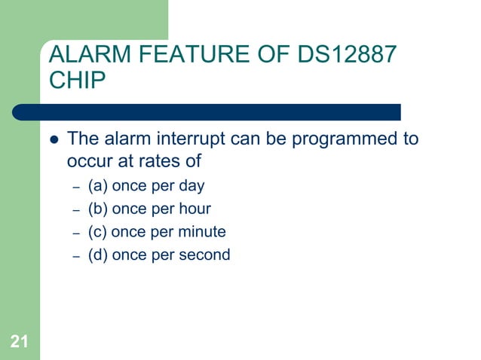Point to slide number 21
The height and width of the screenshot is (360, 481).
pos(20,343)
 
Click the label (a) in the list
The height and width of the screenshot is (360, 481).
pos(98,185)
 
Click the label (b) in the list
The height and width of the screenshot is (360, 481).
pos(98,209)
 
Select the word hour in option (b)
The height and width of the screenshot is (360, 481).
pos(195,209)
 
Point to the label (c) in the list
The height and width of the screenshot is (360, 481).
pos(98,231)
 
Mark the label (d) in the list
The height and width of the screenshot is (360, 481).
pos(98,255)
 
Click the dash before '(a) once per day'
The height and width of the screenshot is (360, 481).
pos(75,186)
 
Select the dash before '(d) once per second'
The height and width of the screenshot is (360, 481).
pos(75,255)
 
